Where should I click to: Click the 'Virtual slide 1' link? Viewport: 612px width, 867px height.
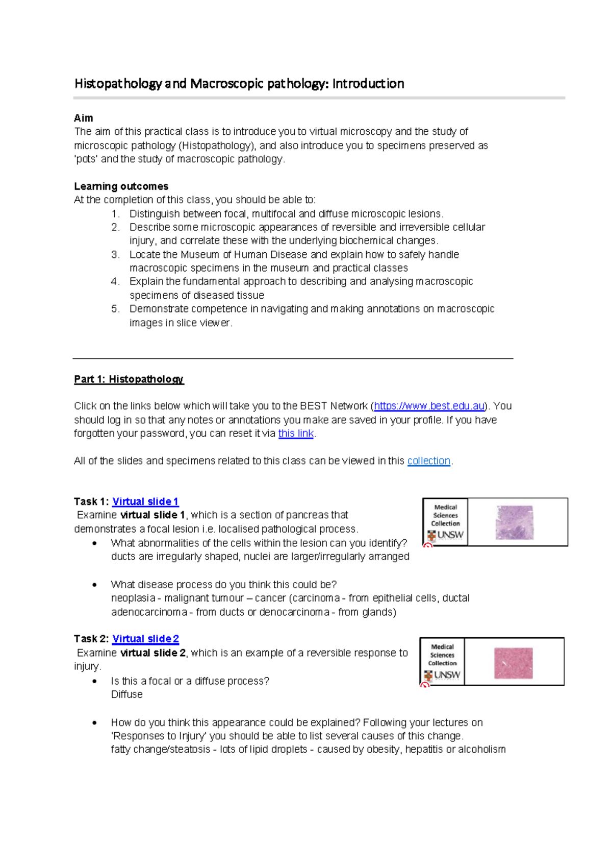[145, 501]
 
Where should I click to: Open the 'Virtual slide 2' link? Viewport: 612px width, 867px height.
[145, 639]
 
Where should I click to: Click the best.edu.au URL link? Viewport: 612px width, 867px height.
[429, 406]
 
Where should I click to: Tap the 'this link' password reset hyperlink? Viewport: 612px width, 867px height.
[296, 433]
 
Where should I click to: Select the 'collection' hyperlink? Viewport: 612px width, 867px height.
[428, 461]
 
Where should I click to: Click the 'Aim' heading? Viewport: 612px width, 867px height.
[84, 118]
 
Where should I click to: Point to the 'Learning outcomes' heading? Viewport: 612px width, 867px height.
[121, 186]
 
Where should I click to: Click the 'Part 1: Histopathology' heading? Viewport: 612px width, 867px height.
[129, 379]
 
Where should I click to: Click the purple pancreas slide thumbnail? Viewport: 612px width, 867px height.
[514, 522]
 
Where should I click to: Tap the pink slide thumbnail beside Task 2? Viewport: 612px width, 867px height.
[513, 663]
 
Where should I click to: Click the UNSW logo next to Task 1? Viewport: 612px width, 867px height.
[445, 535]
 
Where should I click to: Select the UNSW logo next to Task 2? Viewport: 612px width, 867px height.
[442, 675]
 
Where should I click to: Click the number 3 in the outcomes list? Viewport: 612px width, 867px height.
[115, 254]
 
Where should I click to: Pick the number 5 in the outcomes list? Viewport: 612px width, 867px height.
[115, 309]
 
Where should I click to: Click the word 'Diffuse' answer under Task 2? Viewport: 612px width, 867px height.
[126, 694]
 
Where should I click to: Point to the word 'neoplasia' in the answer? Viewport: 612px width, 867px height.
[133, 598]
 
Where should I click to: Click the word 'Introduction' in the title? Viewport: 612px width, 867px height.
[368, 84]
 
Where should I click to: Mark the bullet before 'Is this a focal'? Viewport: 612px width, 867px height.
[94, 681]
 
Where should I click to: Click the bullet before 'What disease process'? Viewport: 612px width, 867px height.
[94, 585]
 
